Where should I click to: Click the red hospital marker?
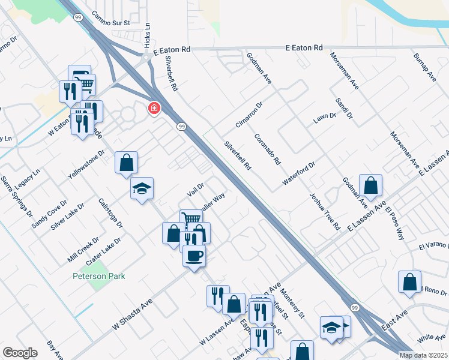point(154,108)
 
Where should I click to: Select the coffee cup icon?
point(194,256)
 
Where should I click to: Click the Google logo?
point(20,352)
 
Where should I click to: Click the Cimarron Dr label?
point(250,115)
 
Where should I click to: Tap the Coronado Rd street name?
point(267,149)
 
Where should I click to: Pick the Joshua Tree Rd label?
point(325,212)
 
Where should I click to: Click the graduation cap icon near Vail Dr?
point(142,188)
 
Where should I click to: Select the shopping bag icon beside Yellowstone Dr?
point(127,162)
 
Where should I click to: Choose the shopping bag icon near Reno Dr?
point(409,282)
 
